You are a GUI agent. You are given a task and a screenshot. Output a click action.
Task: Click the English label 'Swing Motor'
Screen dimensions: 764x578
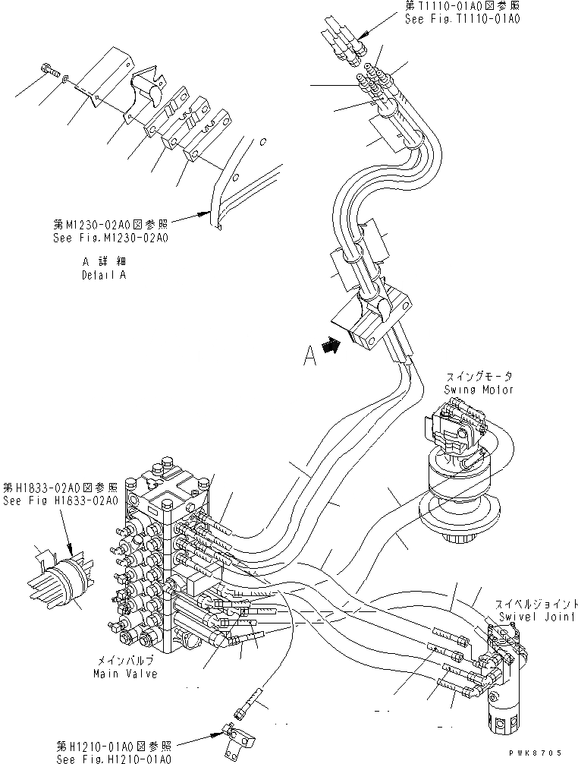coord(479,389)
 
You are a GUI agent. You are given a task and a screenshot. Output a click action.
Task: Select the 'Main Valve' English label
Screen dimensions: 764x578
coord(125,674)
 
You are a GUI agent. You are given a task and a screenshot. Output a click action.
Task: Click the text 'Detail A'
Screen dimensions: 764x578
coord(104,275)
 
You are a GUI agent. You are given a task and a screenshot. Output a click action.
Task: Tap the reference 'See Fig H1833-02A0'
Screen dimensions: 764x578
coord(60,500)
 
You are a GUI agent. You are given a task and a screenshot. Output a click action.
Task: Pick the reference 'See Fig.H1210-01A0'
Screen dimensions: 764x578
coord(115,759)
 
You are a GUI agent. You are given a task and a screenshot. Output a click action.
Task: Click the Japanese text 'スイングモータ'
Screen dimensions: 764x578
coord(479,376)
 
